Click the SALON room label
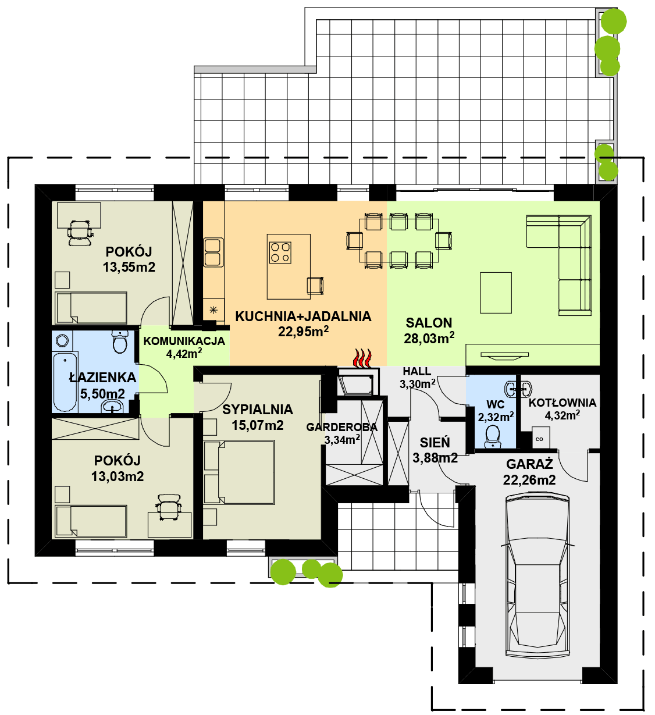429,323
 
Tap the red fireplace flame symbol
362,358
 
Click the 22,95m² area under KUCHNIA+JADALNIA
303,332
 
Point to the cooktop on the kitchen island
280,252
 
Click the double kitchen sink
213,252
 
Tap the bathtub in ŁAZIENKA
65,382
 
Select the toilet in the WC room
493,437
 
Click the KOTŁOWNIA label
562,403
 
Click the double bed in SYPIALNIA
239,472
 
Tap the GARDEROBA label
341,427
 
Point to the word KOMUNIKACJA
184,341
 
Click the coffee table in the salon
496,293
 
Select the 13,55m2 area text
129,267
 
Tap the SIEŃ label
435,443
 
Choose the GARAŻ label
529,464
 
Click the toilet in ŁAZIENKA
120,342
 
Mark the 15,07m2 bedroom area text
258,425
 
